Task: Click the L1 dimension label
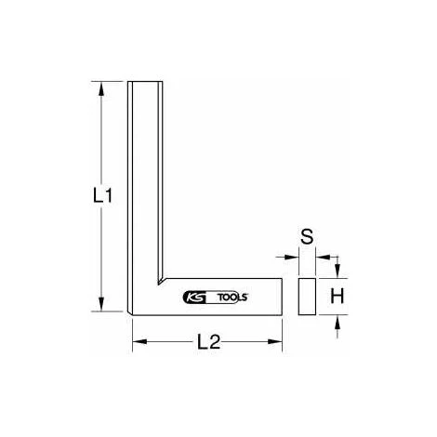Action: (x=102, y=196)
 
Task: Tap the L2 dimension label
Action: (x=209, y=342)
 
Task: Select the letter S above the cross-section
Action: (x=307, y=237)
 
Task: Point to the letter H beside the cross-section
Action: (x=338, y=296)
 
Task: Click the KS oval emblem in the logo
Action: (x=194, y=298)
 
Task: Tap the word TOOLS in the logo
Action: (x=232, y=298)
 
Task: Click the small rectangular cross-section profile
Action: (x=307, y=297)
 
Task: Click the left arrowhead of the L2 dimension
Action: (x=139, y=341)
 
